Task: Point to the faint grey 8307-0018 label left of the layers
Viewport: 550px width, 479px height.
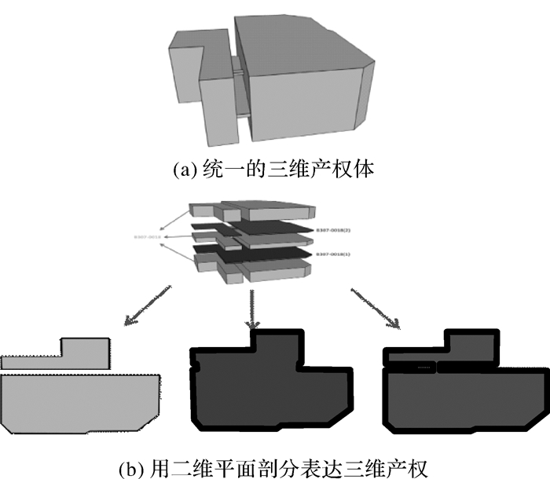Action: coord(148,236)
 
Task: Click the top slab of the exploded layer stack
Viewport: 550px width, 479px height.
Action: coord(255,210)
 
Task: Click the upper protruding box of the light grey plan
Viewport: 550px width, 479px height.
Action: coord(85,349)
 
